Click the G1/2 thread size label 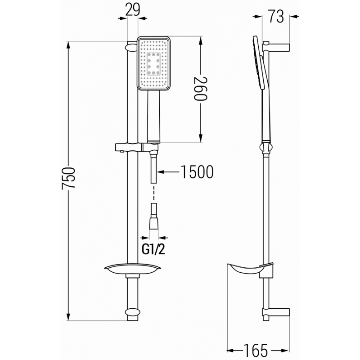153,248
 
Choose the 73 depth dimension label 275,17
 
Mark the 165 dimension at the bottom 256,349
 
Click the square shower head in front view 153,63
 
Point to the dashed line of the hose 153,193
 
